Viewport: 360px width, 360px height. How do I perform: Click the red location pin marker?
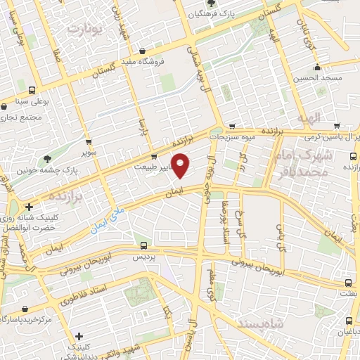[x=181, y=166]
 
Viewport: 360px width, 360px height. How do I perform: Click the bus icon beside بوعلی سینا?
[x=32, y=90]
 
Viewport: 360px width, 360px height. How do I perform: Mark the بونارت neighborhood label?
[x=88, y=30]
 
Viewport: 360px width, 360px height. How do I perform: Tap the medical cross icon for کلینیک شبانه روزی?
[x=29, y=207]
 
